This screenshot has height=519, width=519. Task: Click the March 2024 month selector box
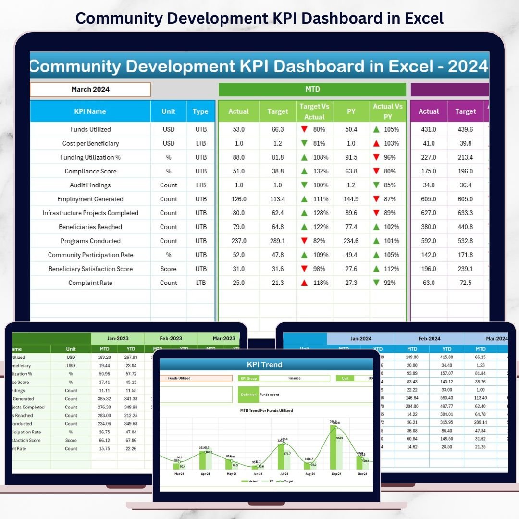pyautogui.click(x=90, y=89)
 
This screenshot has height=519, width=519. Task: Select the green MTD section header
pyautogui.click(x=312, y=89)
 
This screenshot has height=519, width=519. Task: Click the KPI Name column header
pyautogui.click(x=90, y=111)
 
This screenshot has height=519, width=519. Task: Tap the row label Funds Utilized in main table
pyautogui.click(x=90, y=129)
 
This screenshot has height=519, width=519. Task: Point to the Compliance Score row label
pyautogui.click(x=90, y=171)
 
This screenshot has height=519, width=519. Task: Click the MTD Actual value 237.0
pyautogui.click(x=238, y=241)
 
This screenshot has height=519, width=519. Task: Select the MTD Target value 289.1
pyautogui.click(x=278, y=241)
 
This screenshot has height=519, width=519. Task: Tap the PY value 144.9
pyautogui.click(x=351, y=199)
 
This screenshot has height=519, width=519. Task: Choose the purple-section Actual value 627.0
pyautogui.click(x=429, y=213)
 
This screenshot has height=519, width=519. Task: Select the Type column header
pyautogui.click(x=200, y=111)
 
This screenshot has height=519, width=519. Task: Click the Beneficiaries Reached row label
pyautogui.click(x=90, y=227)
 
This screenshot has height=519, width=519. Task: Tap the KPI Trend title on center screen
pyautogui.click(x=264, y=364)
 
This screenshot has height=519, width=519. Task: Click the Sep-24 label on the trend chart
pyautogui.click(x=336, y=474)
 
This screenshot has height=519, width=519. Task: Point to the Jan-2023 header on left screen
pyautogui.click(x=117, y=338)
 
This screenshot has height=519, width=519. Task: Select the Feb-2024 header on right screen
pyautogui.click(x=429, y=338)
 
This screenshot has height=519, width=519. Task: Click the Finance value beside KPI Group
pyautogui.click(x=295, y=378)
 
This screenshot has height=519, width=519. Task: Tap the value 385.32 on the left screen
pyautogui.click(x=104, y=399)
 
